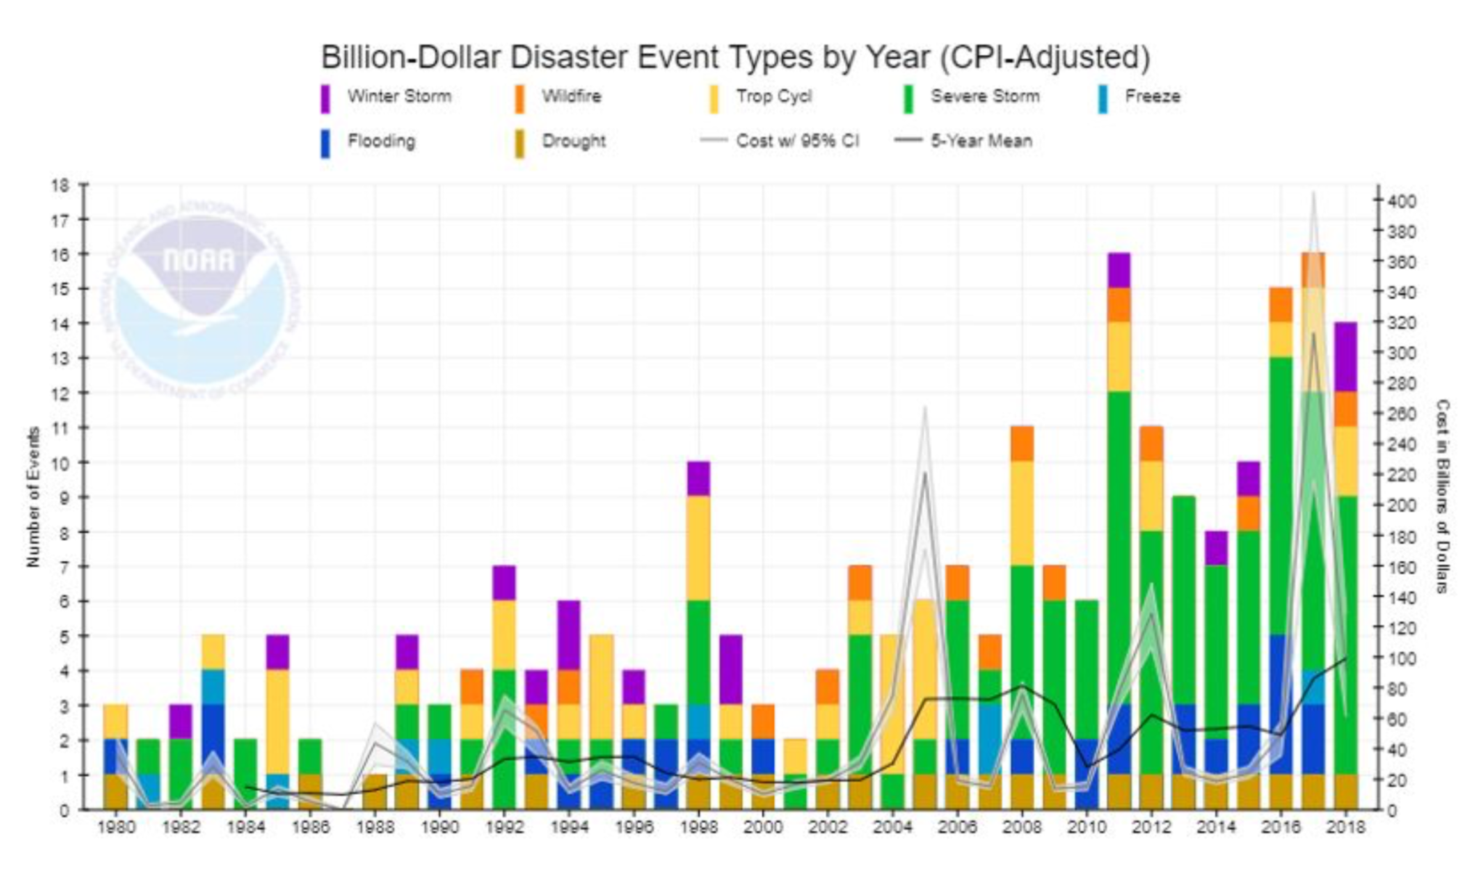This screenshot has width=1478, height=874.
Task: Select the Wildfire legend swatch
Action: (x=520, y=99)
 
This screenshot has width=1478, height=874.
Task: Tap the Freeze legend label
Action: (x=1152, y=97)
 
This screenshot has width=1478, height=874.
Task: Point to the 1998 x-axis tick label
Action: (x=698, y=827)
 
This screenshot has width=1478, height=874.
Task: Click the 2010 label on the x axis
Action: (x=1087, y=827)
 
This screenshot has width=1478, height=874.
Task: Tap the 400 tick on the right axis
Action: (x=1401, y=201)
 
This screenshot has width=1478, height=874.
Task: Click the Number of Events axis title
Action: (x=33, y=497)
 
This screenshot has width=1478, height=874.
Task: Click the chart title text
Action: (x=735, y=57)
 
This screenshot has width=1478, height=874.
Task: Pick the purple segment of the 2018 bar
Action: (x=1345, y=356)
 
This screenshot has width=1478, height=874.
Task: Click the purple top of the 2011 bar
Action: (x=1119, y=270)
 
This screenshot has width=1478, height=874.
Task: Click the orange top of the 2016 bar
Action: (x=1281, y=304)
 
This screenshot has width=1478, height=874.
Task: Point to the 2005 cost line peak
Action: (x=925, y=408)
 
